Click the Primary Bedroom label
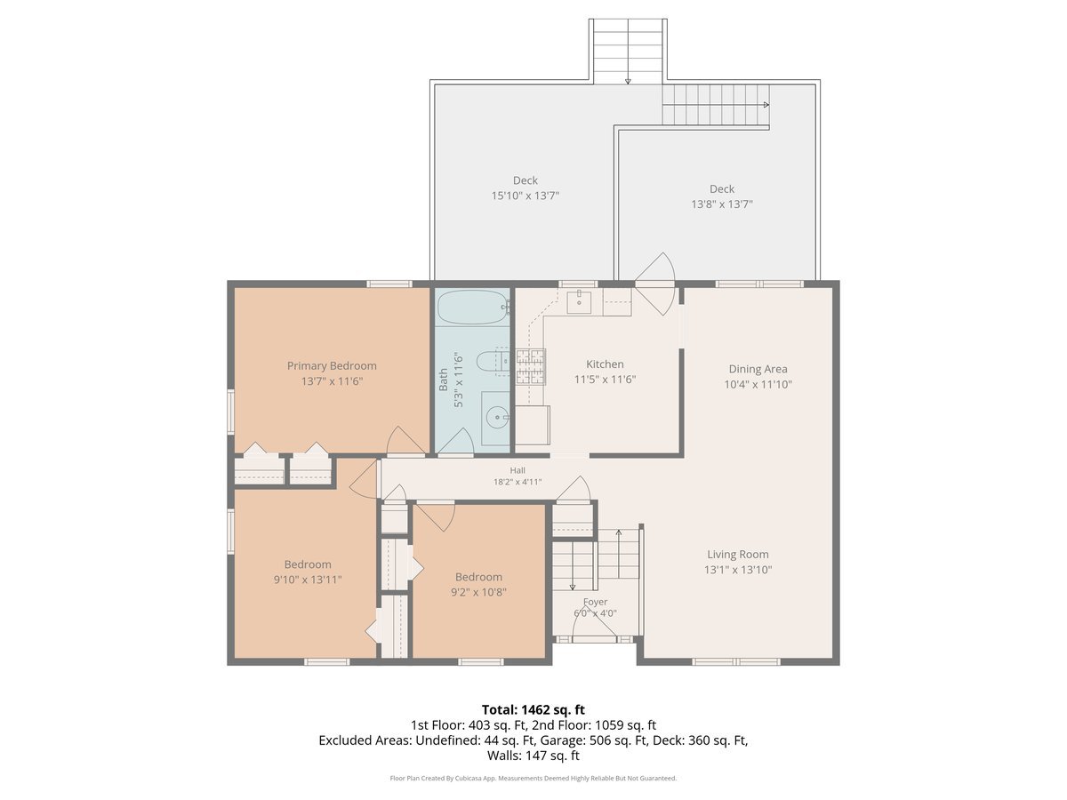(x=332, y=365)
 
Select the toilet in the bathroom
(x=492, y=362)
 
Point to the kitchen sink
(x=579, y=302)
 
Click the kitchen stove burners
(x=530, y=366)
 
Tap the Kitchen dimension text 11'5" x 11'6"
(x=605, y=380)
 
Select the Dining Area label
(x=758, y=369)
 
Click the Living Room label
(x=738, y=554)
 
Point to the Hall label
(x=517, y=470)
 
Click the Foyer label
(x=595, y=602)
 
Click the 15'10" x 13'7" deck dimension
(x=525, y=196)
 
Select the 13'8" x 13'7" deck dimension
(x=722, y=204)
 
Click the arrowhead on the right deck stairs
(x=766, y=105)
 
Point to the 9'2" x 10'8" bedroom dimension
(x=478, y=592)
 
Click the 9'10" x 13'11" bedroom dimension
(x=308, y=580)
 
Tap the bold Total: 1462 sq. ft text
(x=533, y=709)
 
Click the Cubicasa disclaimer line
(x=533, y=778)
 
